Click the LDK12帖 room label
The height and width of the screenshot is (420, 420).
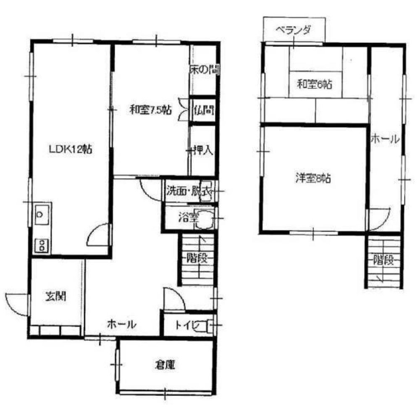tap(71, 148)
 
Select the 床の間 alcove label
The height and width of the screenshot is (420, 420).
tap(205, 70)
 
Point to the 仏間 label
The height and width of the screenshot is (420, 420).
tap(204, 110)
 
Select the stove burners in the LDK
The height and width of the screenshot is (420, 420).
tap(42, 244)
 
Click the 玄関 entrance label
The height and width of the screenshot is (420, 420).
tap(56, 297)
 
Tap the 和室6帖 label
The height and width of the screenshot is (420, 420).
tap(315, 84)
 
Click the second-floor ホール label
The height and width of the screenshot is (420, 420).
tap(384, 140)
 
